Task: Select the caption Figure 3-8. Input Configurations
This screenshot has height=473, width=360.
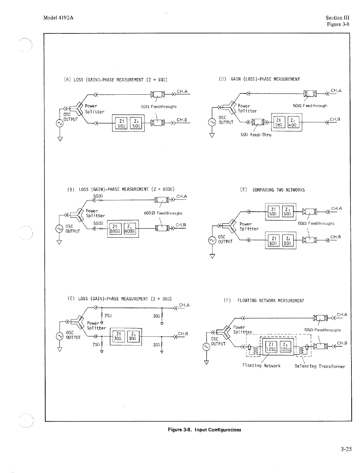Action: coord(204,429)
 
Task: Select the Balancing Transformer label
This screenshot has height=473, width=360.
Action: coord(320,366)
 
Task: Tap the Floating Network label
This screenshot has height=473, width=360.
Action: coord(261,365)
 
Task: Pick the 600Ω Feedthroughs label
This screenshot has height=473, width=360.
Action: coord(163,213)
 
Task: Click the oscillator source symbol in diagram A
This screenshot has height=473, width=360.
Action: coord(59,123)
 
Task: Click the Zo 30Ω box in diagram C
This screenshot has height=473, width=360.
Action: coord(134,336)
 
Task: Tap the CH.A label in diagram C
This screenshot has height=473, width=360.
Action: coord(184,305)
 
